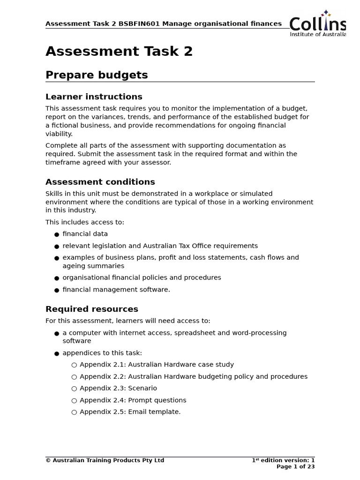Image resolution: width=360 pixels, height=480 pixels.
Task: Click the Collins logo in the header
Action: click(317, 23)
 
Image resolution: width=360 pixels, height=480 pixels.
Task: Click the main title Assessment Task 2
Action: click(119, 52)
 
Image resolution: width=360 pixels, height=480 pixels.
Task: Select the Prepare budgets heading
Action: click(97, 75)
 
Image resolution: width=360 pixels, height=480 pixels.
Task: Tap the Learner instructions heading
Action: click(94, 97)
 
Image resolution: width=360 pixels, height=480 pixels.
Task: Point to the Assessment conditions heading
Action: click(100, 182)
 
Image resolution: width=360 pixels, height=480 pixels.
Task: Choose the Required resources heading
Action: click(91, 309)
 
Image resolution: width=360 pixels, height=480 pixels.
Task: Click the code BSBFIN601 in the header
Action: click(139, 24)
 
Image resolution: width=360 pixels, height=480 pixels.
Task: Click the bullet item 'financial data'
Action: click(85, 234)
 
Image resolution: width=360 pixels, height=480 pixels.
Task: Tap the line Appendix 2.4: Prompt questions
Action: click(133, 400)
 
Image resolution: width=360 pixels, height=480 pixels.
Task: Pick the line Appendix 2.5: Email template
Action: click(130, 412)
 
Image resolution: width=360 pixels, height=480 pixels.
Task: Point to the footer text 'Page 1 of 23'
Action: click(295, 467)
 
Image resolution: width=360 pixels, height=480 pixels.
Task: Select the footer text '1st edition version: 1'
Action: click(283, 460)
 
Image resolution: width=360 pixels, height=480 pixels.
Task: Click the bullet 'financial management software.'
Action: click(116, 290)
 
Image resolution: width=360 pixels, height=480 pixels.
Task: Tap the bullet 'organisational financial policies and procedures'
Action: click(142, 278)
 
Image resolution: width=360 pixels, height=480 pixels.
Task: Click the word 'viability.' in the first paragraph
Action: click(59, 134)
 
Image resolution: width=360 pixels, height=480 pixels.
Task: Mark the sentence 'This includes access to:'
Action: click(85, 222)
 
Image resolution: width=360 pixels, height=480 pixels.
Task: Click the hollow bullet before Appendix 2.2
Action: click(74, 377)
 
